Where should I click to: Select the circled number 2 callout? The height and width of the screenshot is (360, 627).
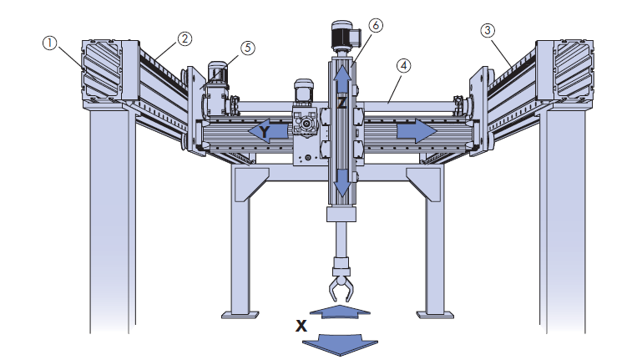click(x=184, y=38)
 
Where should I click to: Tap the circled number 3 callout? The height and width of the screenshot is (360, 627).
click(x=488, y=31)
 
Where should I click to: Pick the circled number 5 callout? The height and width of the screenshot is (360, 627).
click(x=248, y=48)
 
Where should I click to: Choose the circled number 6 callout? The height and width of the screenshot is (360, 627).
click(x=375, y=25)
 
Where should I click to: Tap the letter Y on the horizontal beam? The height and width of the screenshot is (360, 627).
click(x=264, y=132)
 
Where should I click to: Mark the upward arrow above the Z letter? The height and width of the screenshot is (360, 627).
click(x=341, y=79)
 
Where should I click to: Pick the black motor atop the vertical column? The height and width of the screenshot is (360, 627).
click(x=344, y=34)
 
